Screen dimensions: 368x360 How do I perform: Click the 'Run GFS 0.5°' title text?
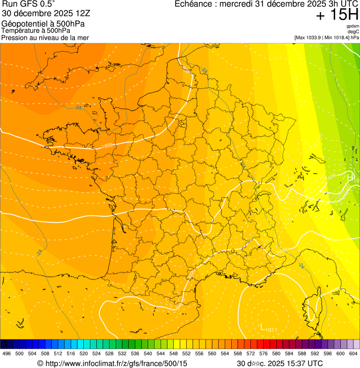tap(28, 4)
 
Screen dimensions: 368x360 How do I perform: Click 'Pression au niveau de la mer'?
tap(45, 37)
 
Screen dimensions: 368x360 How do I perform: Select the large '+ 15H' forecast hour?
tap(337, 15)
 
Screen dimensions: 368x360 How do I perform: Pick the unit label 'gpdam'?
tap(353, 26)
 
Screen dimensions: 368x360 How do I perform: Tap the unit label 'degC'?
tap(353, 32)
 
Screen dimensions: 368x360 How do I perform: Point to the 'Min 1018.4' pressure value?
tap(337, 37)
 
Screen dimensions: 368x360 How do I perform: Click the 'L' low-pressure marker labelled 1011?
tap(263, 327)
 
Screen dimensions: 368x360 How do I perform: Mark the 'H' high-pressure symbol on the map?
tap(350, 177)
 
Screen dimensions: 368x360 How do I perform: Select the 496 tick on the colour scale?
tap(7, 354)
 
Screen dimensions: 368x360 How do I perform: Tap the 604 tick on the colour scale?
tap(353, 354)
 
